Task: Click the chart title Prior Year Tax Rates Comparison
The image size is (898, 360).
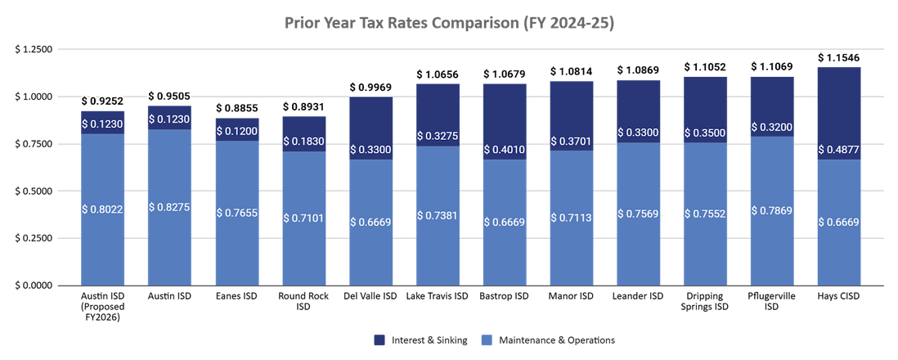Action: pos(449,22)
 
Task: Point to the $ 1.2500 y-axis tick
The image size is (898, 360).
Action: pos(34,49)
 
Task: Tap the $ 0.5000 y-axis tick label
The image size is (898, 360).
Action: pos(34,191)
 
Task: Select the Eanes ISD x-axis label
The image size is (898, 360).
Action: pos(236,296)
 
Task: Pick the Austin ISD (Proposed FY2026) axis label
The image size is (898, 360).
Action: pos(102,307)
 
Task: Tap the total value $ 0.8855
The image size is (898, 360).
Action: pos(236,108)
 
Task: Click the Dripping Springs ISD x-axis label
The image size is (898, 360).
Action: pos(706,301)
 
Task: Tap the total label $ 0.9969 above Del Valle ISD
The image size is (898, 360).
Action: pos(370,87)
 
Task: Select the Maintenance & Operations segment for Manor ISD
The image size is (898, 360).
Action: pos(572,218)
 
